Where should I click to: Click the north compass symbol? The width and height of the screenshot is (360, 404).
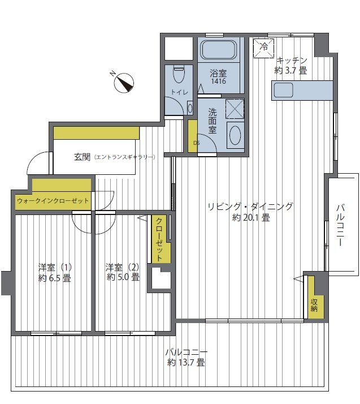pyautogui.click(x=124, y=83)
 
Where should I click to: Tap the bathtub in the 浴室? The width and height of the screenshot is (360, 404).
pyautogui.click(x=219, y=50)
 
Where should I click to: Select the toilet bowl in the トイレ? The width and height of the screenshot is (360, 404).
pyautogui.click(x=179, y=74)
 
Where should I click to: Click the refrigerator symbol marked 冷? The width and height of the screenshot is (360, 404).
pyautogui.click(x=263, y=48)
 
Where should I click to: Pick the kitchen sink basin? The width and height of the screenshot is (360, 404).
pyautogui.click(x=283, y=90)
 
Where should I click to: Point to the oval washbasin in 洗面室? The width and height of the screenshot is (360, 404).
pyautogui.click(x=235, y=135)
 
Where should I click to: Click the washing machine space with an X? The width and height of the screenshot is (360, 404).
pyautogui.click(x=235, y=109)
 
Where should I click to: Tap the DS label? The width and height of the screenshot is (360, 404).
pyautogui.click(x=196, y=143)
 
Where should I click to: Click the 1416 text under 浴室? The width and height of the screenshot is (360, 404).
pyautogui.click(x=219, y=81)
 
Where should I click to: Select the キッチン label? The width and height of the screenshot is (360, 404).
pyautogui.click(x=292, y=61)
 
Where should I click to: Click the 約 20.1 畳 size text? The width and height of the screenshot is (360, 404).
pyautogui.click(x=251, y=218)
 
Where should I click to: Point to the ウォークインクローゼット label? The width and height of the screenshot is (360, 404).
pyautogui.click(x=53, y=201)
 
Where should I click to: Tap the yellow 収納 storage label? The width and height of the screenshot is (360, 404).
pyautogui.click(x=314, y=306)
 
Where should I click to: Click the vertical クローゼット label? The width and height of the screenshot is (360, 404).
pyautogui.click(x=159, y=240)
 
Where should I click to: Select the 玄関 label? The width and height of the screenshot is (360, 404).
pyautogui.click(x=82, y=157)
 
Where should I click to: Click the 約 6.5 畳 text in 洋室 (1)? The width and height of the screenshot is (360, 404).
pyautogui.click(x=55, y=278)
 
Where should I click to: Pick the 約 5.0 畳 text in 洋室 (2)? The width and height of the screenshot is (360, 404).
pyautogui.click(x=123, y=277)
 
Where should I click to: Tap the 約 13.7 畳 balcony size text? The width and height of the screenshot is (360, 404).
pyautogui.click(x=186, y=363)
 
